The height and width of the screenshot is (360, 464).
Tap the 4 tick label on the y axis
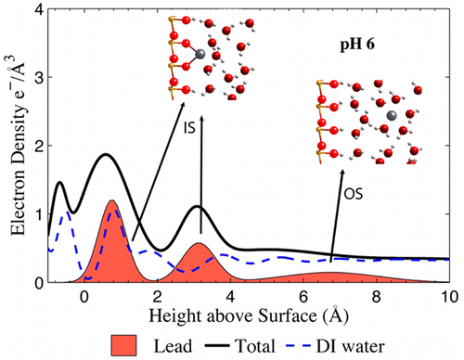click(37, 10)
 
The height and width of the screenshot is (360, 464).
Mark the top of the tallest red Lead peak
click(112, 200)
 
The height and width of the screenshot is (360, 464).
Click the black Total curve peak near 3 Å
click(197, 206)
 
